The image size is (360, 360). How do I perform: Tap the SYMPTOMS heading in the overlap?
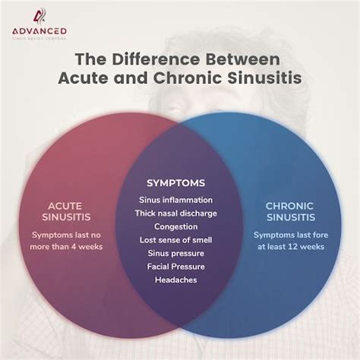pos(177,183)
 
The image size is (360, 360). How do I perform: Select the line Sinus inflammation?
pos(177,199)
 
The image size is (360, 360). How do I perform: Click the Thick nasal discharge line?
pos(177,213)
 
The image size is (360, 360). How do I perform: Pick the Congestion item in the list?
pos(177,226)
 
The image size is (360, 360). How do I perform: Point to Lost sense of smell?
pos(177,240)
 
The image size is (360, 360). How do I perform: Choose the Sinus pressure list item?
pos(177,253)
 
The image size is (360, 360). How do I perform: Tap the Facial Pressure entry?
pos(177,267)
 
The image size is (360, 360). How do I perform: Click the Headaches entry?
pos(177,280)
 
